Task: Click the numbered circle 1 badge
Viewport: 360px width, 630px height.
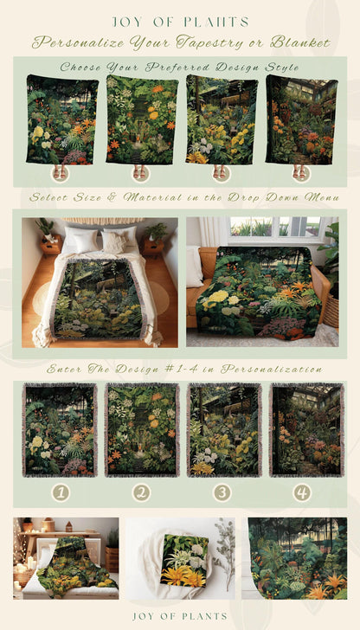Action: point(60,492)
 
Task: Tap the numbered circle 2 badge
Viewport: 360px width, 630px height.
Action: point(141,492)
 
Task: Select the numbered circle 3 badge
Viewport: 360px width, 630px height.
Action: point(222,492)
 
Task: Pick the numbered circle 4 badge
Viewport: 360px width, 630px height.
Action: point(301,492)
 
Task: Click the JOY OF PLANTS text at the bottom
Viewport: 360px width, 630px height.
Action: point(180,616)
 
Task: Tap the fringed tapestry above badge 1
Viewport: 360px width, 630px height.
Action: point(60,430)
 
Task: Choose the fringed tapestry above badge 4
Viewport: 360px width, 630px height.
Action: point(301,430)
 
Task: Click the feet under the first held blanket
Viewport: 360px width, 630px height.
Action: point(59,172)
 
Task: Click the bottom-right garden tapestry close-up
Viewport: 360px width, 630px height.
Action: point(298,558)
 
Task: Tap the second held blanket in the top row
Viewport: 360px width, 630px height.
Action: point(142,119)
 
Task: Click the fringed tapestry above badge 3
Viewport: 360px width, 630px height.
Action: point(223,430)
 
